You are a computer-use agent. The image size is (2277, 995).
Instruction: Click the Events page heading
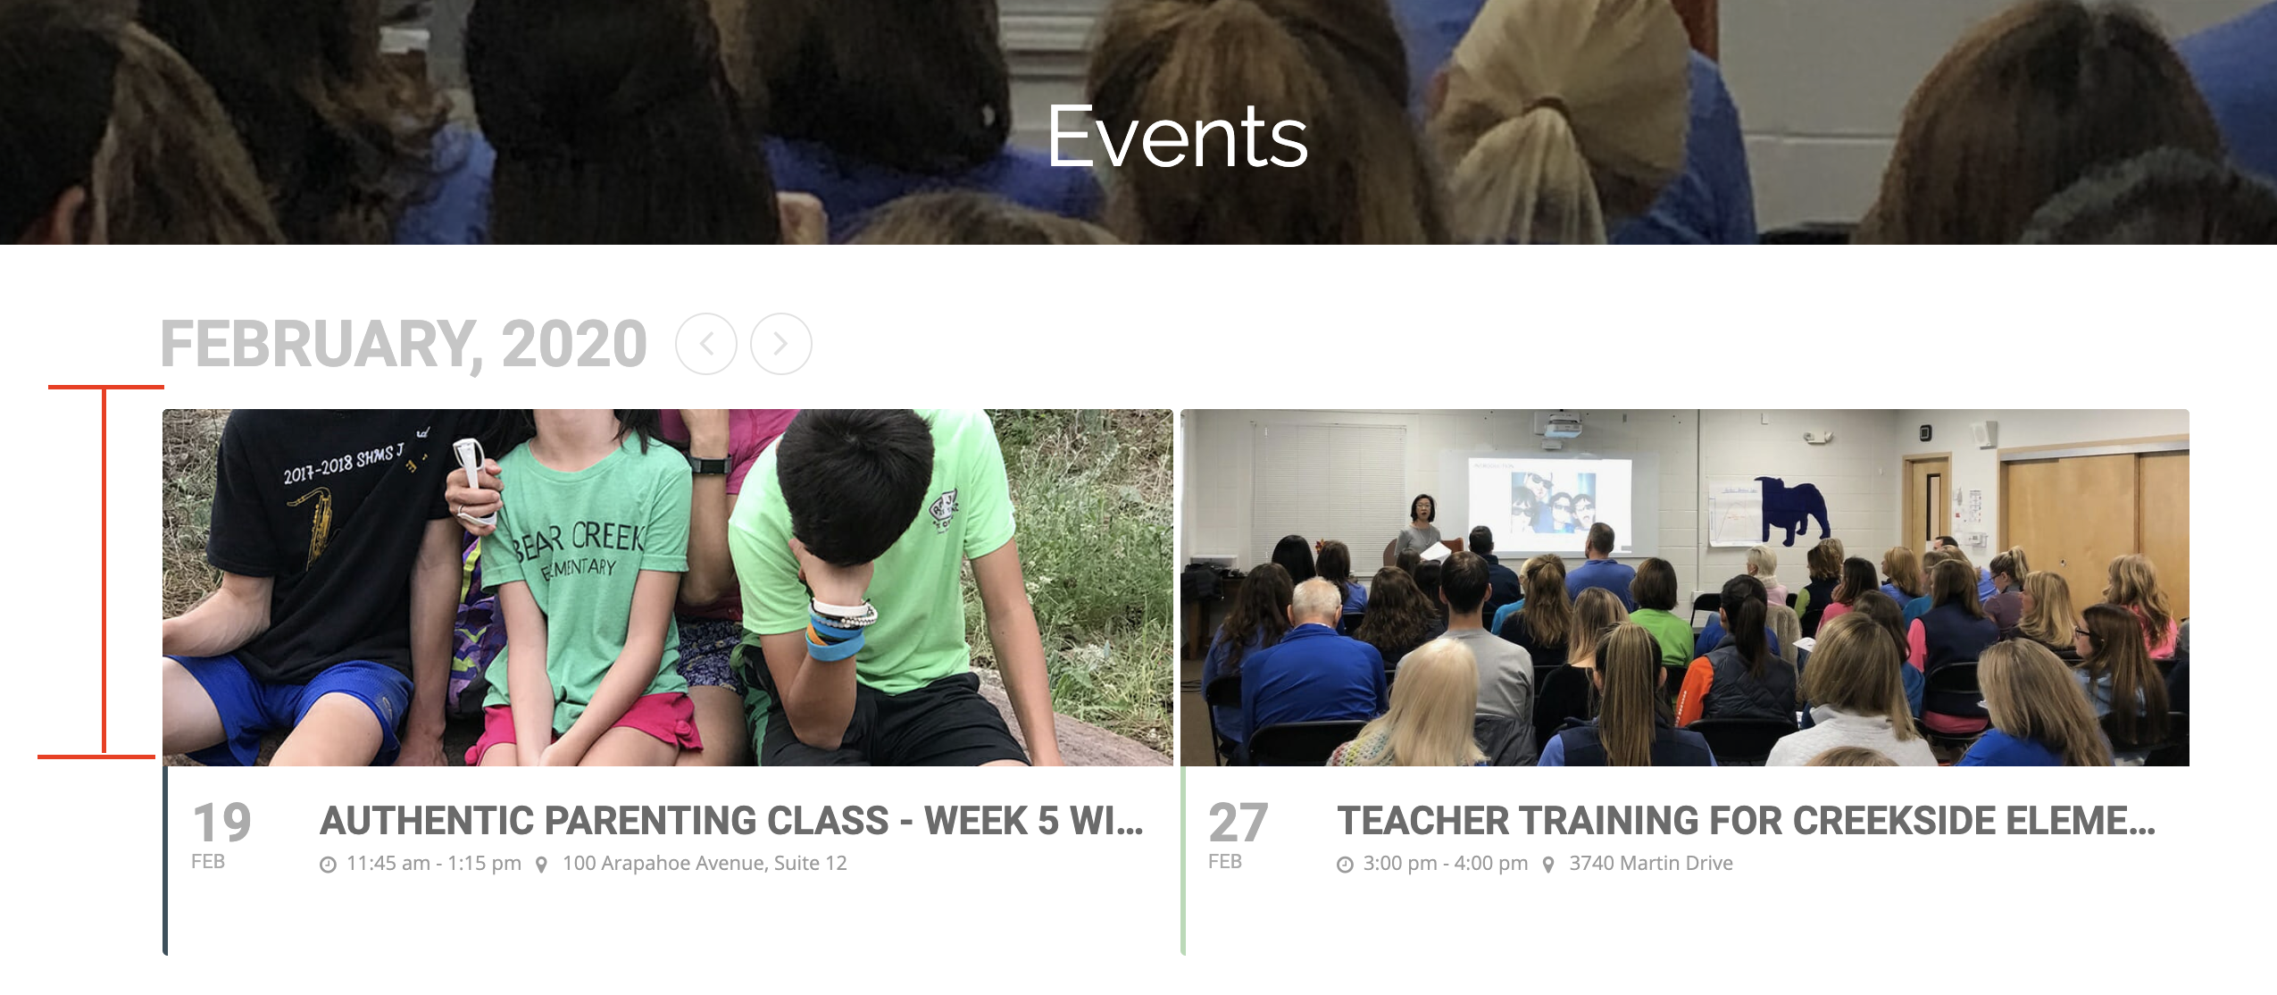[x=1178, y=138]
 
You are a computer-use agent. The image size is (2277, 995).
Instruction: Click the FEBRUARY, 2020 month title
[x=404, y=344]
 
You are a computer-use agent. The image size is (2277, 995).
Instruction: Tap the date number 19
[x=222, y=823]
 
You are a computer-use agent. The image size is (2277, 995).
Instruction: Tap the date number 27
[x=1239, y=823]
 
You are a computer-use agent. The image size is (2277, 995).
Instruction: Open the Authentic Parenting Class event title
[x=731, y=821]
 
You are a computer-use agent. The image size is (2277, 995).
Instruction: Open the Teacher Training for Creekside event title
[x=1746, y=821]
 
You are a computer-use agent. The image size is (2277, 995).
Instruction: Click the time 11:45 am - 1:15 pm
[x=434, y=864]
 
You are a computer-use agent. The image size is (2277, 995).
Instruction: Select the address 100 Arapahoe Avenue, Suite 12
[x=705, y=864]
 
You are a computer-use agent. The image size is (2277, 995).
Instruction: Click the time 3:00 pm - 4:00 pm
[x=1446, y=864]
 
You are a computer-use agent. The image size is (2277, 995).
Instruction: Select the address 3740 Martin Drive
[x=1651, y=864]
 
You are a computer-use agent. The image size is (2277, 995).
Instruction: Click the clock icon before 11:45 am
[x=329, y=865]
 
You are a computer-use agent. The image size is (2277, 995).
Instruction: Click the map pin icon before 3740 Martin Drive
[x=1548, y=865]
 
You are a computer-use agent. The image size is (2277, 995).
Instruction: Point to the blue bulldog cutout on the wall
[x=1792, y=509]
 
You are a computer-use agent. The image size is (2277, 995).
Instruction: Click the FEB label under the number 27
[x=1225, y=862]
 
